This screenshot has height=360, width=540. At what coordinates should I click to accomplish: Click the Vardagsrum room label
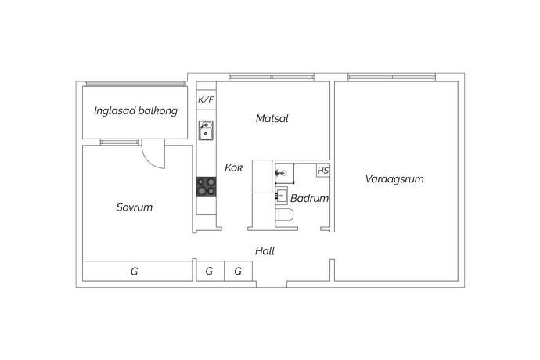click(x=394, y=178)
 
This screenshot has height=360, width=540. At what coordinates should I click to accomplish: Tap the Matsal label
click(x=272, y=118)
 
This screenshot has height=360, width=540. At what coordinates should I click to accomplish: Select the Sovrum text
click(x=135, y=207)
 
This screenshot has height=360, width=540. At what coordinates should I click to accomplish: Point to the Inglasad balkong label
click(x=135, y=110)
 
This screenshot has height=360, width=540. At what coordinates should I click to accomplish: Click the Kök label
click(x=234, y=167)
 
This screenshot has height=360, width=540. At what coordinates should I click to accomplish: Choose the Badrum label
click(x=309, y=198)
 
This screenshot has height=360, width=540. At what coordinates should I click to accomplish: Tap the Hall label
click(x=265, y=250)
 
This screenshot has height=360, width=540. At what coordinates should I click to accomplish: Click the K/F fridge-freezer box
click(x=207, y=100)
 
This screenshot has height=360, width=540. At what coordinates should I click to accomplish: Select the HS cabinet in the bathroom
click(x=323, y=171)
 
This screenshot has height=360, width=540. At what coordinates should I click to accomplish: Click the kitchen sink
click(x=206, y=130)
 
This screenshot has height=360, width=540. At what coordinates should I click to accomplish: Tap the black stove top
click(x=207, y=187)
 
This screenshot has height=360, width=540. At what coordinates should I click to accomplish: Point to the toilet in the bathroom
click(x=284, y=214)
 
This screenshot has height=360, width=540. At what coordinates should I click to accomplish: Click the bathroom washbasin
click(x=282, y=196)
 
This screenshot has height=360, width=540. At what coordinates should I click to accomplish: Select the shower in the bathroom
click(x=285, y=173)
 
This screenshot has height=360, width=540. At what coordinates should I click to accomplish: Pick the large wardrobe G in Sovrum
click(x=138, y=271)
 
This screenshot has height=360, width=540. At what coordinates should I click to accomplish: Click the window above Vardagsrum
click(x=392, y=77)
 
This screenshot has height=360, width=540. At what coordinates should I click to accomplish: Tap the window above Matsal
click(x=272, y=77)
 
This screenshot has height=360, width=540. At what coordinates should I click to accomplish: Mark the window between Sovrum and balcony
click(x=120, y=142)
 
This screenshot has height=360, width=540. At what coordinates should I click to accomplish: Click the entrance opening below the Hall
click(x=272, y=284)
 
